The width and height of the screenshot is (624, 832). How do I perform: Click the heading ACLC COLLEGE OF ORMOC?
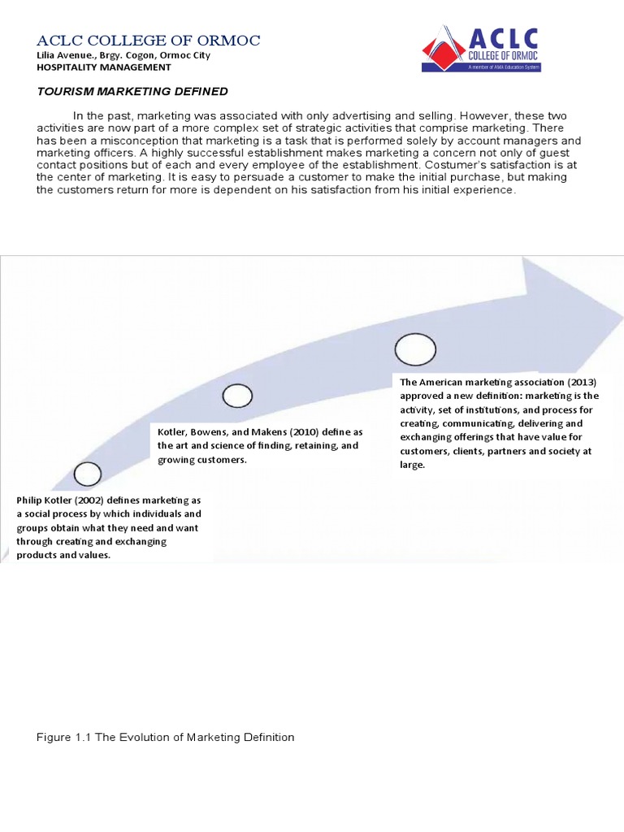(149, 41)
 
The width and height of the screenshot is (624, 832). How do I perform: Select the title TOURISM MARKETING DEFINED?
(132, 91)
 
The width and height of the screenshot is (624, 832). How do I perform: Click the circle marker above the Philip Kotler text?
(87, 474)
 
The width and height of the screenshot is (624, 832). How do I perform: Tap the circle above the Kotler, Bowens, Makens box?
(237, 396)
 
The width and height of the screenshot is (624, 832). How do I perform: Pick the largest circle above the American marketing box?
(415, 349)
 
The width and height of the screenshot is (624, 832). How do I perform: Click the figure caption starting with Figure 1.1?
(166, 737)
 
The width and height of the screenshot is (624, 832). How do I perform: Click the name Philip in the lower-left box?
(32, 500)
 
